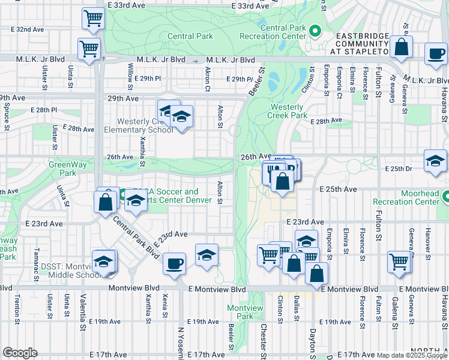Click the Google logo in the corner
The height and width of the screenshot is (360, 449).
(x=20, y=353)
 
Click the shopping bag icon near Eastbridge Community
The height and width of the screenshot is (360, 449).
(x=400, y=47)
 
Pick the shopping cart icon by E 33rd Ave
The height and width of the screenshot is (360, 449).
(x=93, y=19)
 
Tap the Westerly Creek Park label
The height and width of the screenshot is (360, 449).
(x=287, y=111)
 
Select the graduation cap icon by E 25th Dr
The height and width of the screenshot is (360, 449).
(x=435, y=161)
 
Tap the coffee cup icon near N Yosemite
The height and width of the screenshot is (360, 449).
(x=174, y=263)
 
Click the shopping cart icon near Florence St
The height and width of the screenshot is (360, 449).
(x=399, y=262)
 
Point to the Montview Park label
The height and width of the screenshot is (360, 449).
(x=245, y=312)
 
